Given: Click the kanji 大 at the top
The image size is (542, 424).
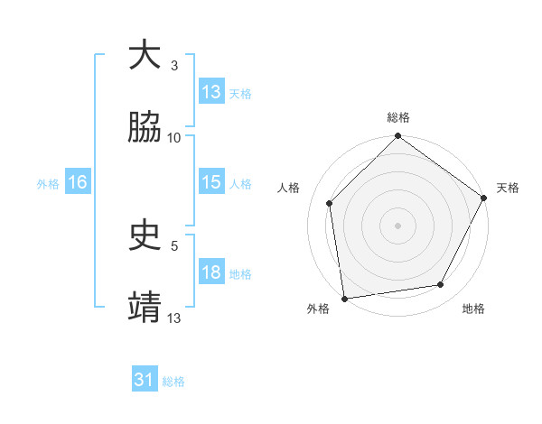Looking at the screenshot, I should point(145,56).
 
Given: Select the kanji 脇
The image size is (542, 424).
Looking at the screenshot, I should point(145,128).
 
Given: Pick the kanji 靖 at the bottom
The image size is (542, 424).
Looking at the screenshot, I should point(145,307).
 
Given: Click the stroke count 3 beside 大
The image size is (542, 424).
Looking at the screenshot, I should point(173,66).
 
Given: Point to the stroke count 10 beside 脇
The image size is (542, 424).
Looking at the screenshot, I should point(174,138).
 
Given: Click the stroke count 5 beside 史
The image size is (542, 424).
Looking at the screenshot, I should point(173,244).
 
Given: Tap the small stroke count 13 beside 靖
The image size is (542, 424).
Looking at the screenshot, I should point(174,317).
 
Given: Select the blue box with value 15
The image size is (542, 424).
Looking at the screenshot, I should point(211,182).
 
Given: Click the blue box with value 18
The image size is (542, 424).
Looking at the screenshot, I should point(211,273).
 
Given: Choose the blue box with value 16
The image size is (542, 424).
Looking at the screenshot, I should point(78,182).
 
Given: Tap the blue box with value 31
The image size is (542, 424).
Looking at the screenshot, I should point(145,380).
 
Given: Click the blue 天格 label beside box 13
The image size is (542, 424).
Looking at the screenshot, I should point(240,93).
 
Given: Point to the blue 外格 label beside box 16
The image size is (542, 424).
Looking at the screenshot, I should point(48,183).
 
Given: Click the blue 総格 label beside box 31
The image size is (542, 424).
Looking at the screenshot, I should point(173,382).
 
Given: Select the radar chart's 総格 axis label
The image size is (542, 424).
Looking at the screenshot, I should point(398,117).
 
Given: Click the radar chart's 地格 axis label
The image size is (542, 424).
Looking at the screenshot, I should point(473,309).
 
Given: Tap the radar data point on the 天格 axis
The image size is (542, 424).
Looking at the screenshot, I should point(483,198).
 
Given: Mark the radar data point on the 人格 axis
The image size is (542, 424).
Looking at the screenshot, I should point(330,203).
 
